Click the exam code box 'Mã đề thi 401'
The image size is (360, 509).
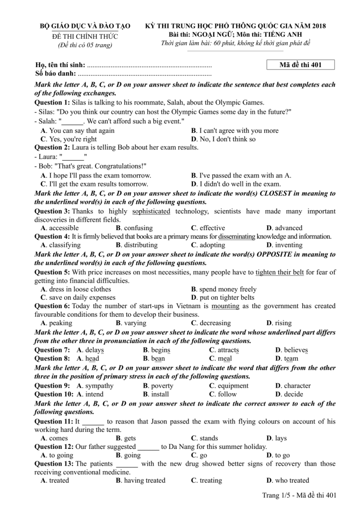(301, 65)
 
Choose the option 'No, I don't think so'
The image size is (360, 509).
(227, 139)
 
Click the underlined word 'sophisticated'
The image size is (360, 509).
(151, 211)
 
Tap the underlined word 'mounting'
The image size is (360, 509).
(225, 306)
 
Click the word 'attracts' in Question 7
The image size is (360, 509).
(228, 350)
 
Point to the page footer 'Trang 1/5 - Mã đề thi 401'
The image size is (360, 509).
(299, 495)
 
